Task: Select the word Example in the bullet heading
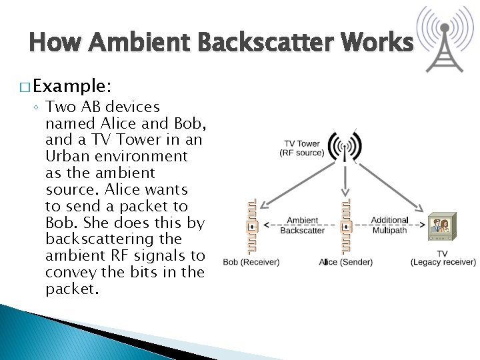pyautogui.click(x=70, y=86)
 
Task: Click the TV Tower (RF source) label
pyautogui.click(x=302, y=148)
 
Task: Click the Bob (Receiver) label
pyautogui.click(x=251, y=262)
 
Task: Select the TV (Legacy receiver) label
pyautogui.click(x=443, y=258)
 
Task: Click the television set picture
pyautogui.click(x=441, y=229)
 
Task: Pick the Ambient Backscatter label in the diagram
pyautogui.click(x=302, y=225)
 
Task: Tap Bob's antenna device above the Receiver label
pyautogui.click(x=251, y=226)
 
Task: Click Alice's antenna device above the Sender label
pyautogui.click(x=345, y=226)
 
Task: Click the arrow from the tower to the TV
pyautogui.click(x=387, y=183)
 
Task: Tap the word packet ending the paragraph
pyautogui.click(x=71, y=289)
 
